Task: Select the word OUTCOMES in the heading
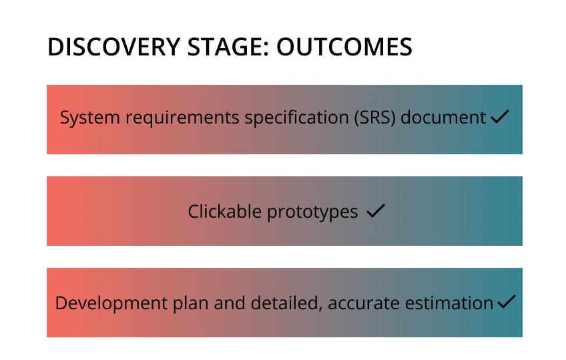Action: (x=344, y=47)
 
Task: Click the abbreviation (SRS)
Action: (x=322, y=118)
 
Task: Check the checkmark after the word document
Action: (x=499, y=118)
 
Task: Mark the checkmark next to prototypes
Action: (x=376, y=212)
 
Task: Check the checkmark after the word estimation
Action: (x=507, y=303)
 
